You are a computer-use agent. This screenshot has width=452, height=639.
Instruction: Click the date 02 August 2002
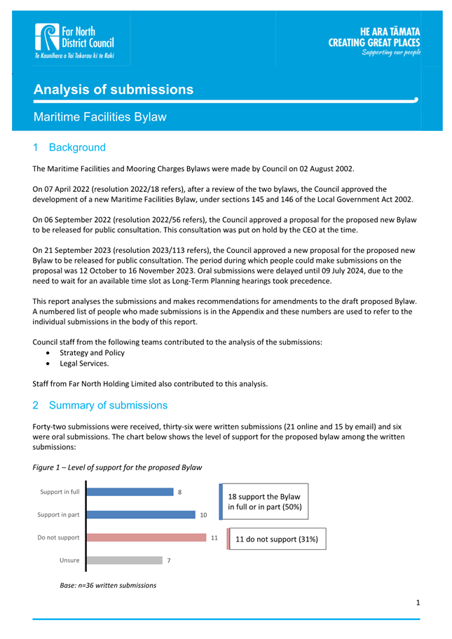(321, 169)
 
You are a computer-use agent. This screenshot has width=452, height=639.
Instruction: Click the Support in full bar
(130, 492)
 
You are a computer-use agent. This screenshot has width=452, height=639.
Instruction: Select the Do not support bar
(146, 537)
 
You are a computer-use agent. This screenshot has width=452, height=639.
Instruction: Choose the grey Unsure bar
(125, 561)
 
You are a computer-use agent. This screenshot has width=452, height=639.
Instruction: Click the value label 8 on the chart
(180, 492)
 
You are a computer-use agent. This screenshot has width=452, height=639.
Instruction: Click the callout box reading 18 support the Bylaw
(265, 501)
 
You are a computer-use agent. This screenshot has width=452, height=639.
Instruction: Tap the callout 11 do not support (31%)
(278, 540)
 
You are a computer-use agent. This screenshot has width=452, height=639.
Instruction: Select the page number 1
(418, 602)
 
